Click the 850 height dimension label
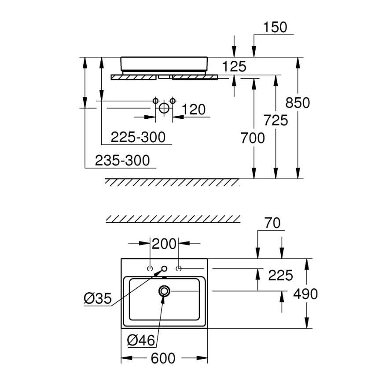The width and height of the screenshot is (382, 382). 298,103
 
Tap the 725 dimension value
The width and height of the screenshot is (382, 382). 275,120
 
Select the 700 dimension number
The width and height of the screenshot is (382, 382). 253,138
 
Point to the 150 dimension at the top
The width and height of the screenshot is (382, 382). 275,27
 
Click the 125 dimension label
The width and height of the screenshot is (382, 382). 234,66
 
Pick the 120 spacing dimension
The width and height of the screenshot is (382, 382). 194,110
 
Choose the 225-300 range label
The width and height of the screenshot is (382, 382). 138,137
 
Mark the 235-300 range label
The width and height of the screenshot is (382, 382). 122,160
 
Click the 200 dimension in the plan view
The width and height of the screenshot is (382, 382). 164,243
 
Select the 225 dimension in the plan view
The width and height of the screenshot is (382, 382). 280,275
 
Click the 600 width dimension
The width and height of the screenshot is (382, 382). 163,359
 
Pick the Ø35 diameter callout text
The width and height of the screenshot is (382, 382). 98,299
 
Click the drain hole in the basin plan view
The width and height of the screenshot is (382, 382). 165,291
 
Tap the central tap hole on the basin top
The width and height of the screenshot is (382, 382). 164,268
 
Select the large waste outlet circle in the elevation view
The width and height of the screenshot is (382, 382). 164,108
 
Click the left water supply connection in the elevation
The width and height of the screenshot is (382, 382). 155,101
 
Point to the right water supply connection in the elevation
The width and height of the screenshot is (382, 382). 173,101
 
